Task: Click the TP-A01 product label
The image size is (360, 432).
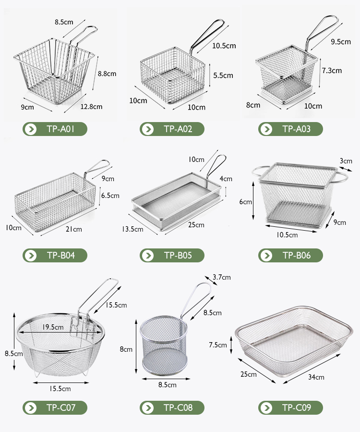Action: coord(55,129)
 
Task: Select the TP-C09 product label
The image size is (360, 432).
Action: coord(290,408)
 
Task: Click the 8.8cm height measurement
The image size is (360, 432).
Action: coord(107,74)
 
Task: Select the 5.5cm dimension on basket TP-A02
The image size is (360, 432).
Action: coord(223,75)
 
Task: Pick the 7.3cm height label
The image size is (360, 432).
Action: coord(332,70)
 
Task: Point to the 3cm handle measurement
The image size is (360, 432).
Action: coord(345,161)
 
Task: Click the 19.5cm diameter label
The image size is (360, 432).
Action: coord(51,327)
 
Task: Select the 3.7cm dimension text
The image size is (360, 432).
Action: coord(221,277)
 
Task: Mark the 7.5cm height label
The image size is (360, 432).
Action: coord(217,345)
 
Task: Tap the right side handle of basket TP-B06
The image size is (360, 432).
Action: coord(342,177)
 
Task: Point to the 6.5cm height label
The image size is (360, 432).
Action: coord(110,196)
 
